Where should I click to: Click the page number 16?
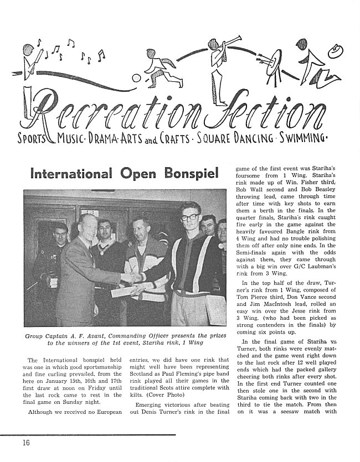click(x=27, y=442)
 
